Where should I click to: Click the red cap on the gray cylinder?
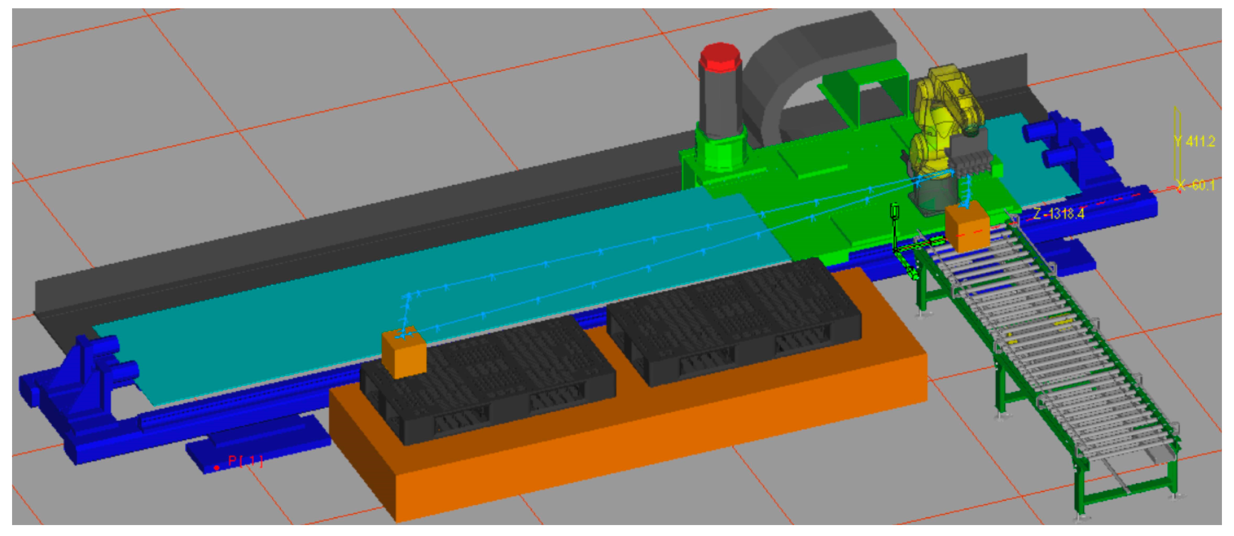pyautogui.click(x=719, y=57)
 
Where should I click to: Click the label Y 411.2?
pyautogui.click(x=1195, y=141)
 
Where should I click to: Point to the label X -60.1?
pyautogui.click(x=1196, y=185)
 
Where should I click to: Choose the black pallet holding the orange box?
pyautogui.click(x=486, y=379)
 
